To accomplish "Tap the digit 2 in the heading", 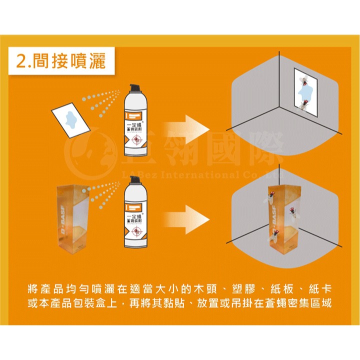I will (x=22, y=62).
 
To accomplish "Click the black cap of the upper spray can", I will (x=133, y=89).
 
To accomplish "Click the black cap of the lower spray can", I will (x=133, y=188).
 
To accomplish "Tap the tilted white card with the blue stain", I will (x=70, y=118).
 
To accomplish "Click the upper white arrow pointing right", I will (x=188, y=127).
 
